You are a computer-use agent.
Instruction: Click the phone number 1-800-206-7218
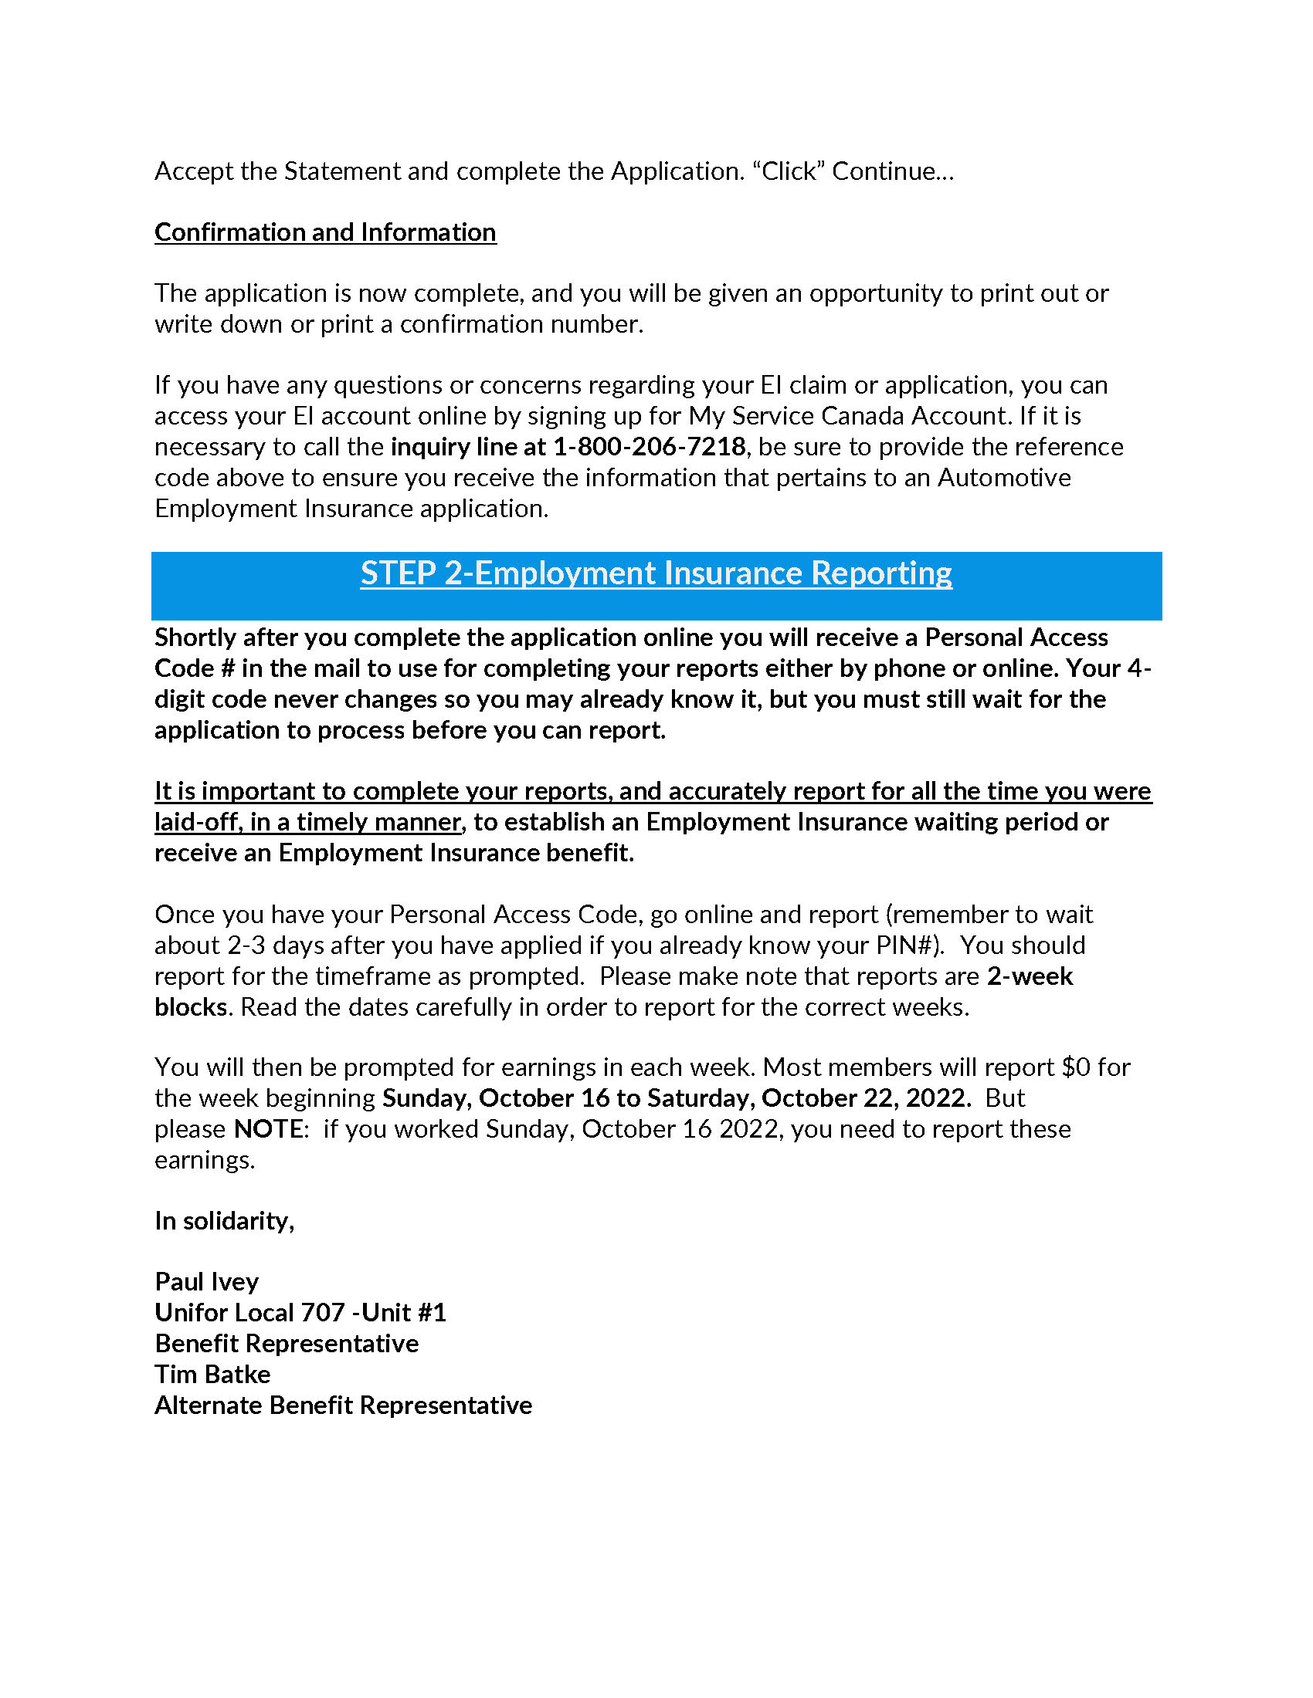[649, 446]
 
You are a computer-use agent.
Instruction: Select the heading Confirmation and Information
[325, 232]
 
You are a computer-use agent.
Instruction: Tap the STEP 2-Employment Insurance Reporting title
[656, 573]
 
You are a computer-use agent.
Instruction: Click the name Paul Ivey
[206, 1281]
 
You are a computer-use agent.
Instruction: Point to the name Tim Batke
[212, 1374]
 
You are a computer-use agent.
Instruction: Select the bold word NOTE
[267, 1129]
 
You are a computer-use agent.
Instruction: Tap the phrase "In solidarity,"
[224, 1221]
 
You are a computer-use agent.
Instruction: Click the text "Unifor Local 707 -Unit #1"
[300, 1312]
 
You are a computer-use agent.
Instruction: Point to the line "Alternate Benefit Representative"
[343, 1405]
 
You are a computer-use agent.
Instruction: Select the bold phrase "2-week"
[1030, 976]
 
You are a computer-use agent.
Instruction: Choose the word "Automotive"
[1003, 477]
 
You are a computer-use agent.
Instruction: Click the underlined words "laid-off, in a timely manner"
[308, 822]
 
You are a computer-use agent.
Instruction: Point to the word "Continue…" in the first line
[892, 171]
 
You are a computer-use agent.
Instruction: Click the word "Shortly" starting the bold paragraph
[195, 638]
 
